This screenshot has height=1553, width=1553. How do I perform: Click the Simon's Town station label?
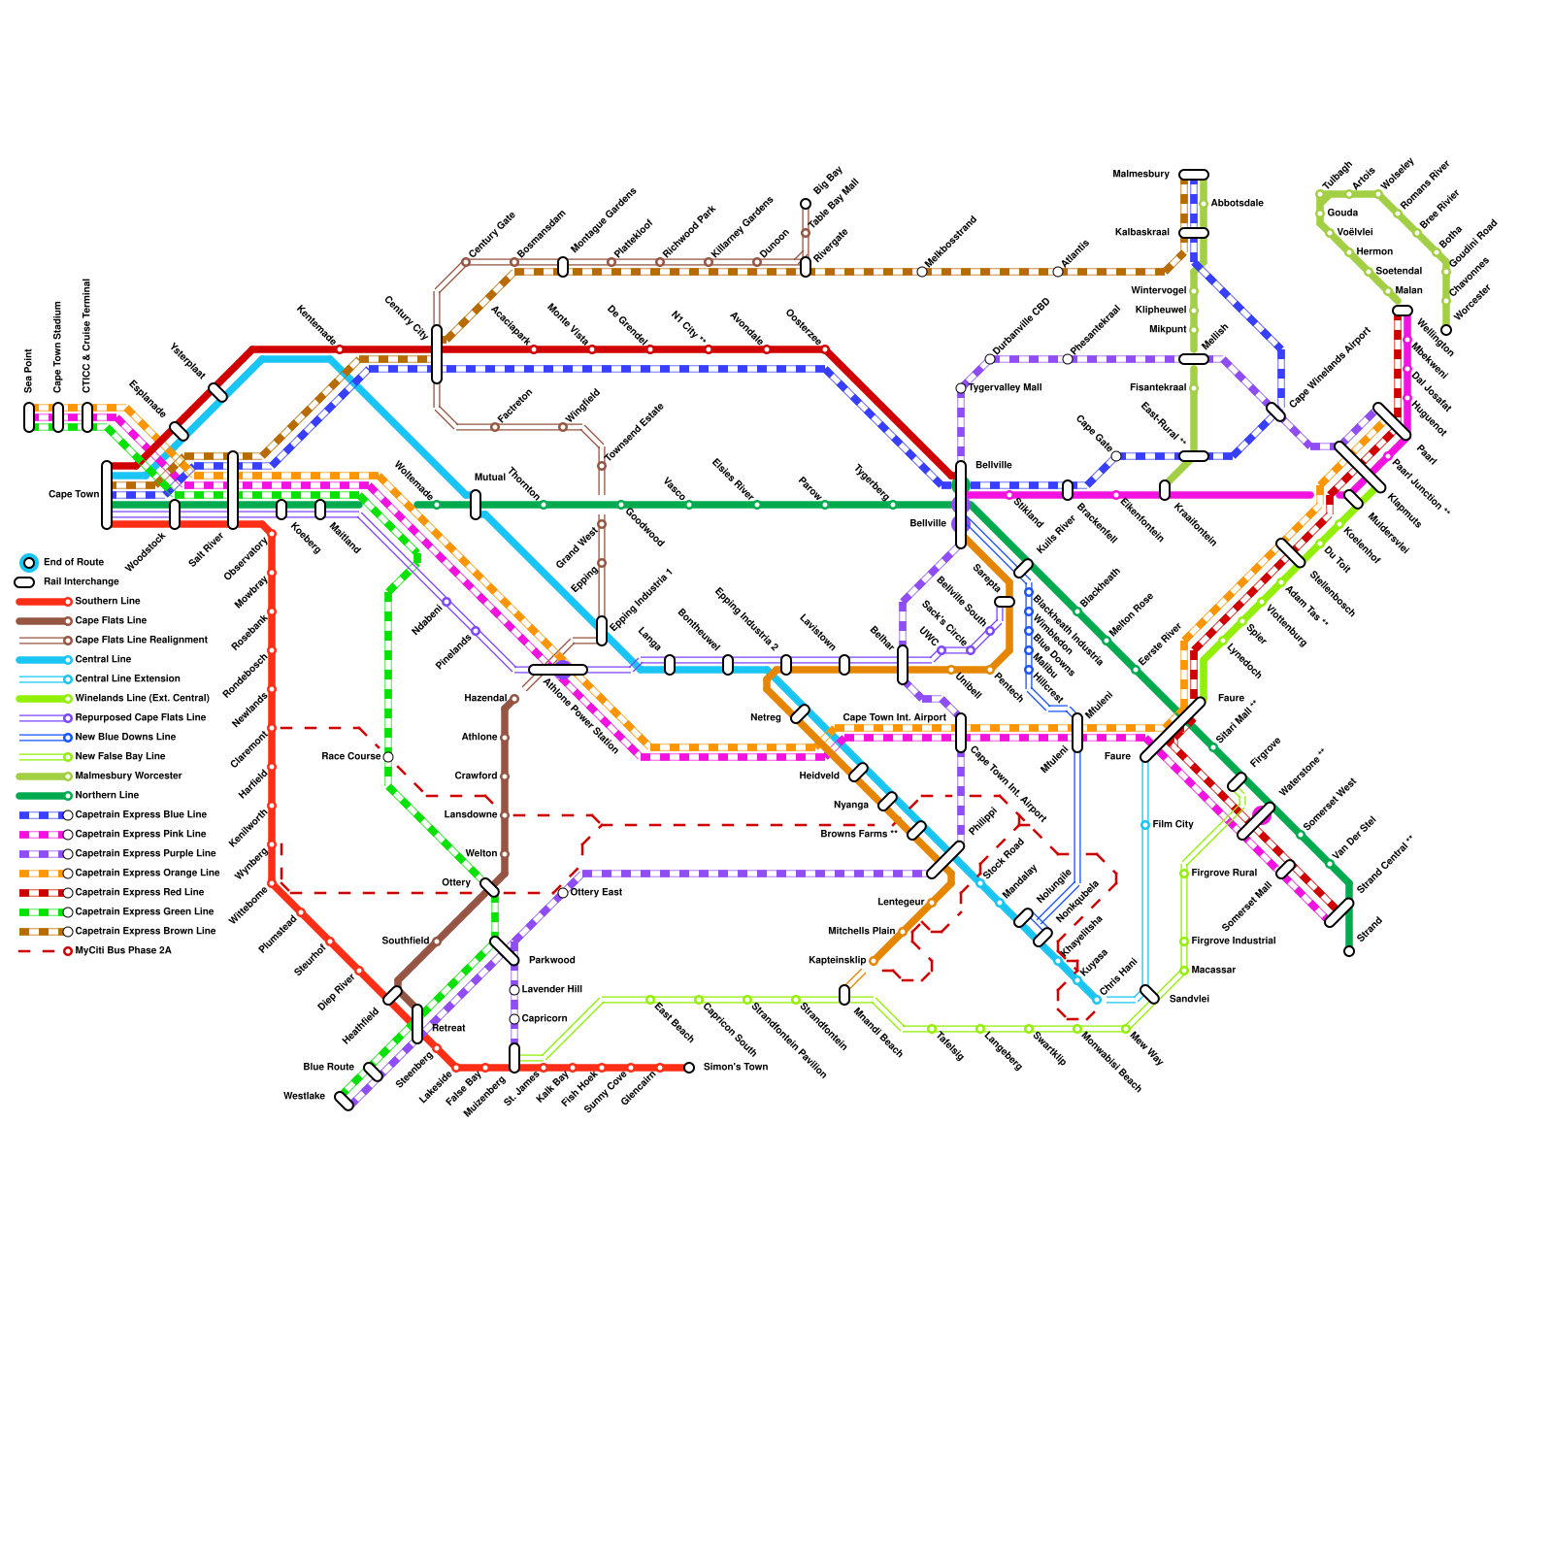[x=736, y=1067]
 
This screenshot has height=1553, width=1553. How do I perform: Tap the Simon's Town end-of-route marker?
[x=689, y=1068]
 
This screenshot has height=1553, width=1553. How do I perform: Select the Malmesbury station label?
[x=1140, y=174]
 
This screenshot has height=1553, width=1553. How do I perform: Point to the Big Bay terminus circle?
[x=806, y=204]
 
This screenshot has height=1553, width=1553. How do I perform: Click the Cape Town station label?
[x=74, y=494]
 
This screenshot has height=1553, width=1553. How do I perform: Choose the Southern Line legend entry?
[x=79, y=601]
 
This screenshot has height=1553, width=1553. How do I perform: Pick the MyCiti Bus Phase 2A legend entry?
[x=94, y=950]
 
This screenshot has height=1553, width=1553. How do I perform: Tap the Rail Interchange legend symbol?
[x=25, y=581]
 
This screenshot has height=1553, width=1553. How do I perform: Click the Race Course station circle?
[x=388, y=757]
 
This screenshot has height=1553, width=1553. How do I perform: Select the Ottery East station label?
[x=596, y=892]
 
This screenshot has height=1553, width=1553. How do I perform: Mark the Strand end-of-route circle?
[x=1349, y=951]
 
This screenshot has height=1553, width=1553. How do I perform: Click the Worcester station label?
[x=1471, y=302]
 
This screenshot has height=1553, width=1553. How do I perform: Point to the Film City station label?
[x=1173, y=824]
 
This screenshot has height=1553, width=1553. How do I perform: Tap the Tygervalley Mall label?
[x=1005, y=387]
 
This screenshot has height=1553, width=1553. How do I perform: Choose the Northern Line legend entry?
[x=79, y=795]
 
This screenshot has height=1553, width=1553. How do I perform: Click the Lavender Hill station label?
[x=551, y=989]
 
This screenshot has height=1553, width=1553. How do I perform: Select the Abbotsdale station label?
[x=1237, y=203]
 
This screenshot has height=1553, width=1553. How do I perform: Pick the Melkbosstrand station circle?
[x=922, y=272]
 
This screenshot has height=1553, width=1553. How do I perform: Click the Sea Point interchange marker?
[x=29, y=417]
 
